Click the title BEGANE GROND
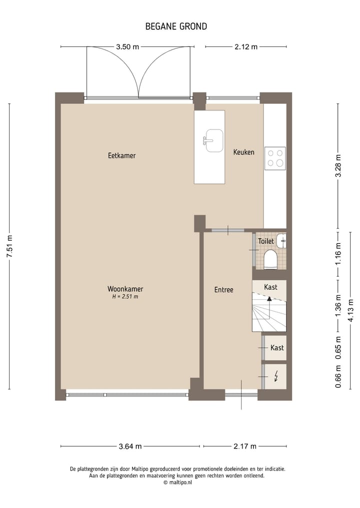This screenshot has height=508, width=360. coord(176,26)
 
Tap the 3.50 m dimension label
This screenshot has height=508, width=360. coord(127,47)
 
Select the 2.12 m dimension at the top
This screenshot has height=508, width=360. coord(245,47)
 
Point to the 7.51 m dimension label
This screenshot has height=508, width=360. coord(9,246)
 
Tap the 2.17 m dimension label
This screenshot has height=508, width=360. coord(244,446)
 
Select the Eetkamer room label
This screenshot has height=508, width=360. coord(121,155)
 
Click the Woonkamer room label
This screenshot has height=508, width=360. coord(125,289)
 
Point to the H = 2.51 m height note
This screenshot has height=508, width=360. coord(125,297)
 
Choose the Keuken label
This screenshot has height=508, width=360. coord(243,152)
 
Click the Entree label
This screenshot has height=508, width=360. coord(223,290)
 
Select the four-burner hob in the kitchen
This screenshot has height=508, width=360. coord(274,158)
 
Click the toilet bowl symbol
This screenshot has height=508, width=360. coord(270,259)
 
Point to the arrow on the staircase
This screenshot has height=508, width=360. coord(269,299)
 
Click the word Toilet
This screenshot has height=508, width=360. coord(265,241)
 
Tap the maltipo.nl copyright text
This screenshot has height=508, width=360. coord(177,483)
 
